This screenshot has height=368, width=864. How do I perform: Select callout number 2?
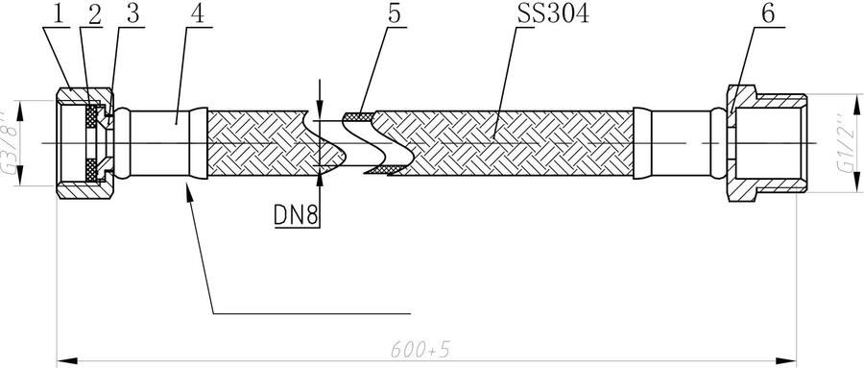(x=95, y=15)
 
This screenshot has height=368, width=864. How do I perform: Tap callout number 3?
(x=132, y=15)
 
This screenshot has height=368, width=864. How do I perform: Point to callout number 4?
(x=198, y=14)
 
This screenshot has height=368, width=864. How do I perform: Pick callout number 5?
(x=395, y=14)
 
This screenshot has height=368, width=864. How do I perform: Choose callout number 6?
(x=768, y=14)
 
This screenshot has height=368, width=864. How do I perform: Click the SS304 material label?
(x=553, y=14)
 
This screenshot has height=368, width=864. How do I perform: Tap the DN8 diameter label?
(x=297, y=216)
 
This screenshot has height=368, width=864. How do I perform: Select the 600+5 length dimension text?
(x=421, y=349)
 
